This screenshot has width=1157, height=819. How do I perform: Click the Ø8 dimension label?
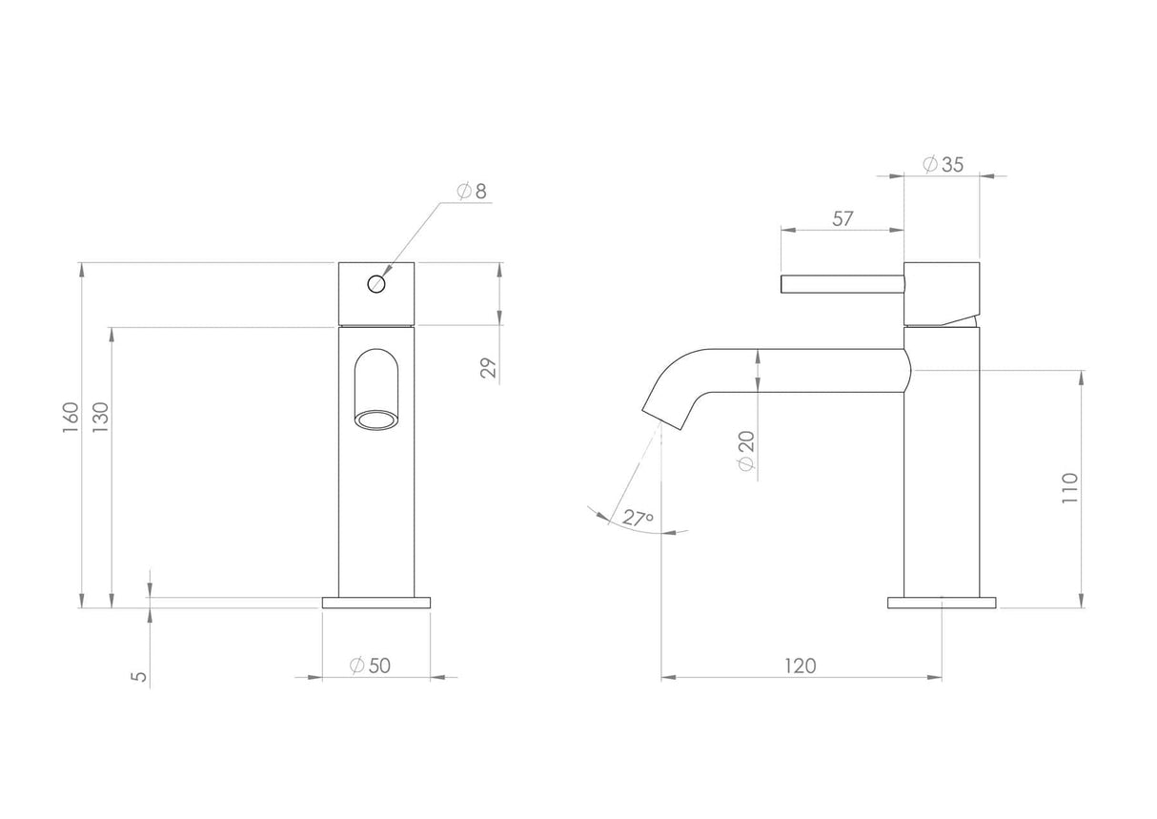coord(471,191)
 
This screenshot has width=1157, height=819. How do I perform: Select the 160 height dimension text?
coord(71,418)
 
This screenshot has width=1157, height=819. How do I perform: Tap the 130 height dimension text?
coord(100,418)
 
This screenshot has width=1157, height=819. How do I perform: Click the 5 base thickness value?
coord(139,676)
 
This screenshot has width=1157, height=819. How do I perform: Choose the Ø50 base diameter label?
coord(370,665)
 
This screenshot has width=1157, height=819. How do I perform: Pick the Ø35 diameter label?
coord(943,164)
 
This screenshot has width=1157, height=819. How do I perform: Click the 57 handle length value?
coord(842,218)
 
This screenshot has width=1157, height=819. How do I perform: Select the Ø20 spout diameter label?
coord(746,449)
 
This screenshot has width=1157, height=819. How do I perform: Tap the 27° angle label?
coord(638,518)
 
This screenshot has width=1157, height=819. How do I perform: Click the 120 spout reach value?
coord(801,665)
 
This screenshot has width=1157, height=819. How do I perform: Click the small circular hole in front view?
coord(376,283)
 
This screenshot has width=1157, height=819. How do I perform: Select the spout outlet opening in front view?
coord(376,420)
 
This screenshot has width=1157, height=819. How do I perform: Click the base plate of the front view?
coord(376,603)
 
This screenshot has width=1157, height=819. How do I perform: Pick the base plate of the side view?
coord(942,603)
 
